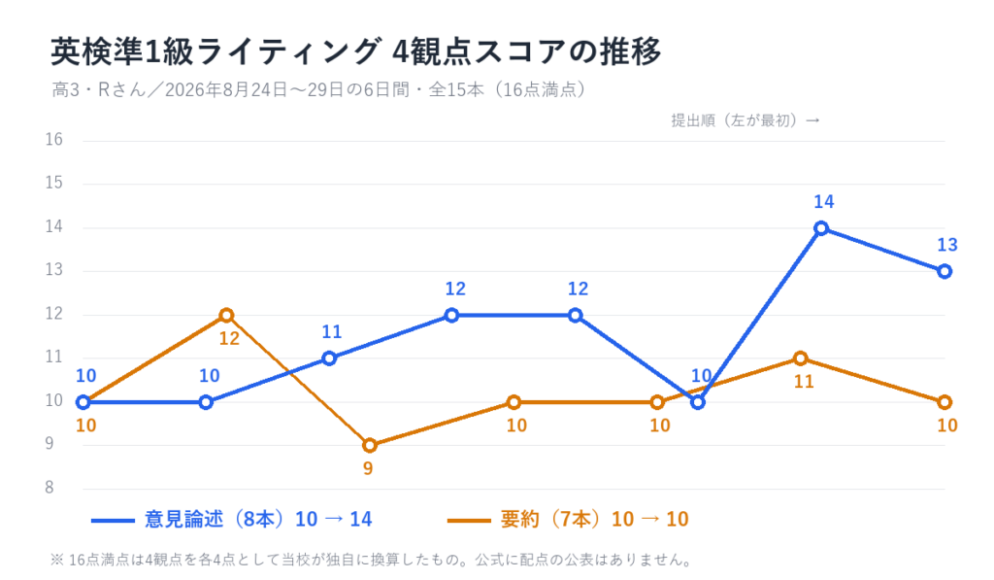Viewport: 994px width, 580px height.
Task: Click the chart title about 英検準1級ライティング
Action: click(355, 51)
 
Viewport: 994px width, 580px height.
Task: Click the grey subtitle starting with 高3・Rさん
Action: click(318, 89)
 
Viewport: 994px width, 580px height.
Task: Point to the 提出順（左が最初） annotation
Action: click(745, 120)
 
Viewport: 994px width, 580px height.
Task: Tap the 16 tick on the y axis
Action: click(54, 140)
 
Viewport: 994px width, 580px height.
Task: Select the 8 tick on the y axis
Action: click(50, 488)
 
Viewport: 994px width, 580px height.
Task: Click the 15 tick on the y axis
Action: click(54, 183)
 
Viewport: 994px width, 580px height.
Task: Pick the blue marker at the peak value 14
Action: click(821, 228)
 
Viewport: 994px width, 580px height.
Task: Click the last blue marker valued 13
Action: click(944, 272)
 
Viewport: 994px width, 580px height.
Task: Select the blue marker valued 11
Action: click(329, 358)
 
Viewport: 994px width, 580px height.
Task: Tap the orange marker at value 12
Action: click(226, 316)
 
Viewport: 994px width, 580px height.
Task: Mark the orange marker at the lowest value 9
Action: click(370, 446)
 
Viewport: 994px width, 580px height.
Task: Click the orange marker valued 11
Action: click(801, 358)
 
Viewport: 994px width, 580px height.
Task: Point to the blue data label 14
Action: click(823, 202)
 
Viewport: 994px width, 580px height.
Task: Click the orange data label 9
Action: click(368, 469)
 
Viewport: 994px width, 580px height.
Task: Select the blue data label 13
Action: click(947, 245)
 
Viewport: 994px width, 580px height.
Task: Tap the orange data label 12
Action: click(229, 339)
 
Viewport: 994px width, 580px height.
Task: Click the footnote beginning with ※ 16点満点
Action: click(372, 561)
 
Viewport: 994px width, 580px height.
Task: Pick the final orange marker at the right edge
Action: click(944, 402)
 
